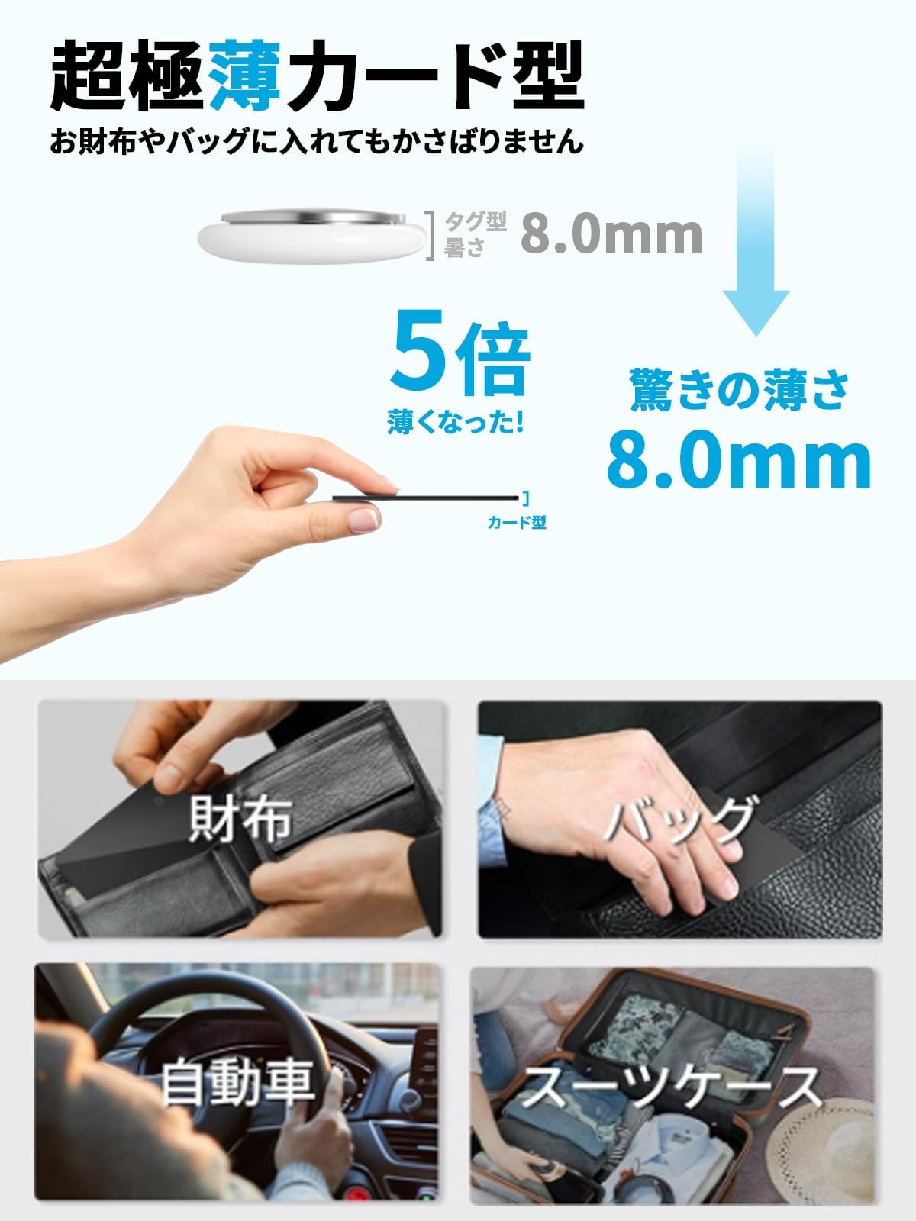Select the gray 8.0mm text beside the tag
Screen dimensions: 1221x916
click(x=611, y=234)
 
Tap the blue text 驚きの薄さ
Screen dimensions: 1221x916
click(x=739, y=390)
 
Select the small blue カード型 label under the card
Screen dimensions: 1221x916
click(x=517, y=523)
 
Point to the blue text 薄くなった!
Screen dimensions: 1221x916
click(x=456, y=423)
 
